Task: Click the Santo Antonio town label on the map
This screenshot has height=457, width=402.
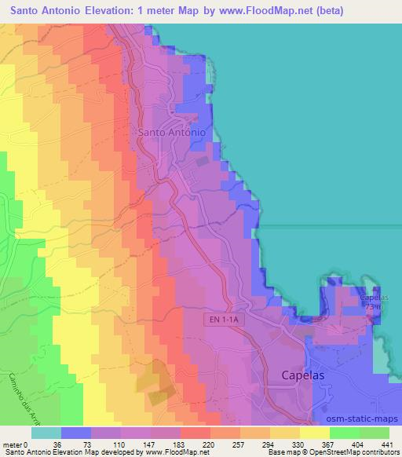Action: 172,133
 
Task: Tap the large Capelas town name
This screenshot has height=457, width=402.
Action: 302,376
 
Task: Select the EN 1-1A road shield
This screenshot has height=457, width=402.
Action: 227,320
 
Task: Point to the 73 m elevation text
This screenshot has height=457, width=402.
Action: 371,308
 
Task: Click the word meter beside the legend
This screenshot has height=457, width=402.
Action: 13,444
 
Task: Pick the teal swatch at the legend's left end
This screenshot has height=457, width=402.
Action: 46,432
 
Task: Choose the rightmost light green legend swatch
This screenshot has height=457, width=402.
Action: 374,432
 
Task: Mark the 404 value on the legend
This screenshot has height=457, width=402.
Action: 359,444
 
